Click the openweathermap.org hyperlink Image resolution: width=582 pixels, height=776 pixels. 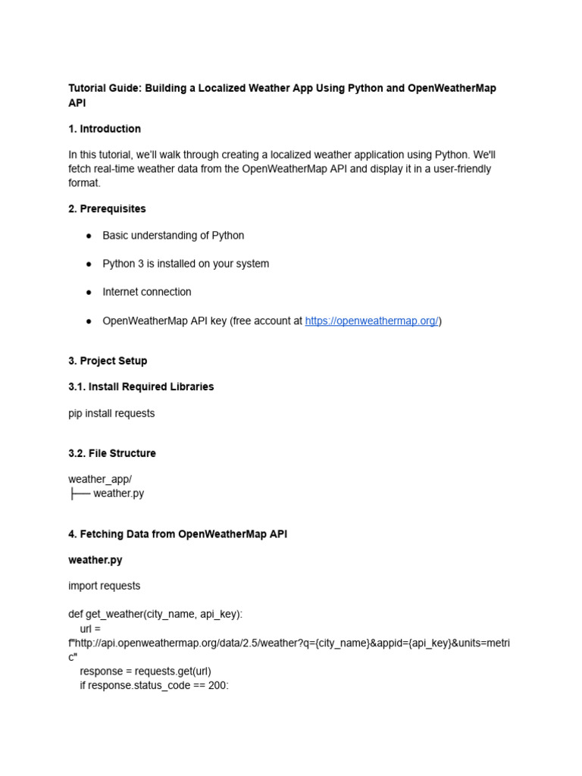(x=371, y=321)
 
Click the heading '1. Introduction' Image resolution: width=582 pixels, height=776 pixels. (x=105, y=129)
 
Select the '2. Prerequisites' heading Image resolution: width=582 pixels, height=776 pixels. (x=107, y=208)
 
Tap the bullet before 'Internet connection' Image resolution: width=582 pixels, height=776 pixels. (x=89, y=293)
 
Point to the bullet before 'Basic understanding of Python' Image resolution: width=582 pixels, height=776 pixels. (x=89, y=236)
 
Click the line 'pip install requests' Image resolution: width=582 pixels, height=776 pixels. (x=111, y=414)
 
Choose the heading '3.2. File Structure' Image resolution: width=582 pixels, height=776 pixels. (x=112, y=453)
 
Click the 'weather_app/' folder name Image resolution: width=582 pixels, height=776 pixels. (x=100, y=479)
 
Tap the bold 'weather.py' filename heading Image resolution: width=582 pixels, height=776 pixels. (x=95, y=560)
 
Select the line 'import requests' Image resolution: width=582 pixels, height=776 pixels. (x=105, y=586)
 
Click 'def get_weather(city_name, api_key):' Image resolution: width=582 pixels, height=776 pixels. (x=155, y=615)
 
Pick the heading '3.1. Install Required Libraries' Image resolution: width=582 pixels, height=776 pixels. (x=141, y=386)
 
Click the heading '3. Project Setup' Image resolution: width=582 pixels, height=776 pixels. (x=108, y=361)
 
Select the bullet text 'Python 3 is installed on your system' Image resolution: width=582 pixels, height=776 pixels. (x=186, y=264)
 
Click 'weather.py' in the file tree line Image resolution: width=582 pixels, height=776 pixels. (x=118, y=493)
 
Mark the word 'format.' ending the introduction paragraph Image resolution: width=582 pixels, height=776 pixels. (x=84, y=183)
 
